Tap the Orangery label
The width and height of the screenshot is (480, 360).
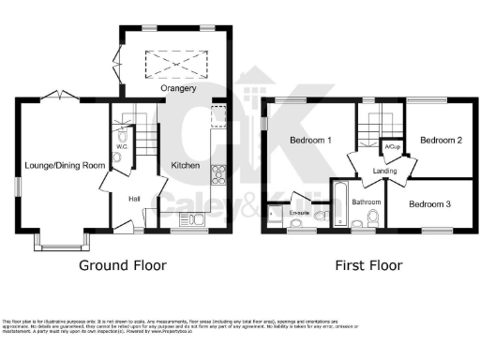(x=178, y=88)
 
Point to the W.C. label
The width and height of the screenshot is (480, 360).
(x=122, y=146)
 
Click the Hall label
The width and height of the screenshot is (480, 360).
(x=133, y=198)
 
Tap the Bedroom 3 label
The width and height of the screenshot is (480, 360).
(x=433, y=203)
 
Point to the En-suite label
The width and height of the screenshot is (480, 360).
(x=300, y=213)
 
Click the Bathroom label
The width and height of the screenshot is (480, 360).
(x=366, y=202)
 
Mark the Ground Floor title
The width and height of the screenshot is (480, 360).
(x=122, y=265)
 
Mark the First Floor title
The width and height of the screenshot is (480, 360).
(x=367, y=265)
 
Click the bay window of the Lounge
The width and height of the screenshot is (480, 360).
(x=62, y=242)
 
